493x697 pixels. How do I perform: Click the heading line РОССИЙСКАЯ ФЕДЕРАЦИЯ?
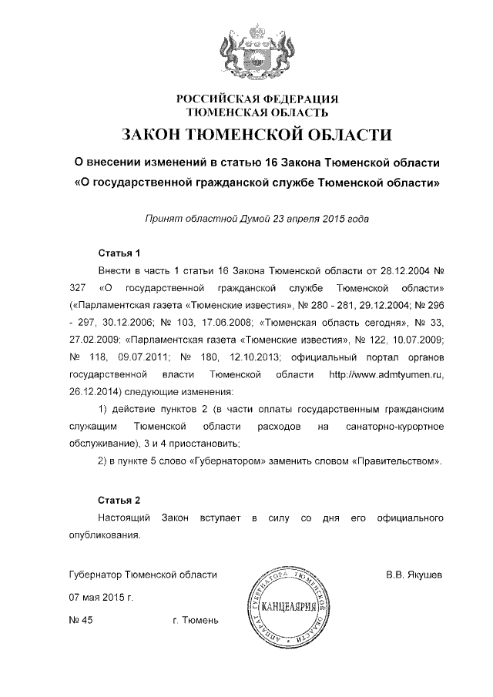246,99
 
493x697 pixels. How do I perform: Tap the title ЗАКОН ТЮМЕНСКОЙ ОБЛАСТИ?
246,136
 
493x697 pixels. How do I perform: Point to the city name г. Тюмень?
196,619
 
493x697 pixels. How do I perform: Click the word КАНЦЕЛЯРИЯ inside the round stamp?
290,608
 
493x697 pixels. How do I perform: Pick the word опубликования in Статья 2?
104,533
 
